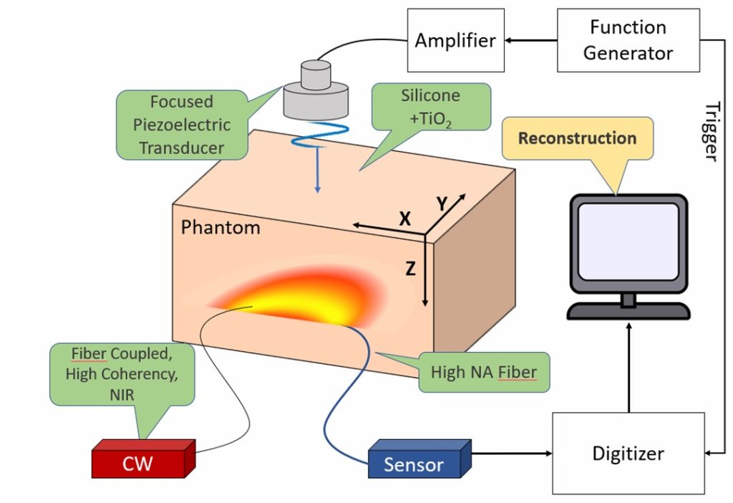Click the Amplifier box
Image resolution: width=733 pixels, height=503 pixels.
coord(456,40)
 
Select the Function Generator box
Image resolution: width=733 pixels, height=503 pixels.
coord(628,40)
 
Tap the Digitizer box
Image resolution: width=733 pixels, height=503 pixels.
coord(628,453)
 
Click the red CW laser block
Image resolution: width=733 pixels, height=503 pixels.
coord(143,459)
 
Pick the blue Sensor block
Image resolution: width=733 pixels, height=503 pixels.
coord(419,459)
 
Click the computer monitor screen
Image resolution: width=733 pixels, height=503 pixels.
coord(628,242)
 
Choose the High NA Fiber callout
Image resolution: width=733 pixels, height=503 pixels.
coord(484,372)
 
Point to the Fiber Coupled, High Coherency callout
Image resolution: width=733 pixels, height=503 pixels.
coord(122,374)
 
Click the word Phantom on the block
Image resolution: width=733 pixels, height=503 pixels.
coord(220,227)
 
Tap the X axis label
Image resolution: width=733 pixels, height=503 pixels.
coord(405,219)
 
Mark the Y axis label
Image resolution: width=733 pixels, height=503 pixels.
coord(442,204)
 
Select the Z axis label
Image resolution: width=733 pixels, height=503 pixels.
coord(410,269)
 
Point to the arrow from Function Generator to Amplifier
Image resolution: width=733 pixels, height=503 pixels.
coord(530,40)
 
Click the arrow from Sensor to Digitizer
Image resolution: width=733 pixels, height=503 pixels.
coord(512,453)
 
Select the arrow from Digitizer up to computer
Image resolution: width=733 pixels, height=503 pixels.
coord(628,368)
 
